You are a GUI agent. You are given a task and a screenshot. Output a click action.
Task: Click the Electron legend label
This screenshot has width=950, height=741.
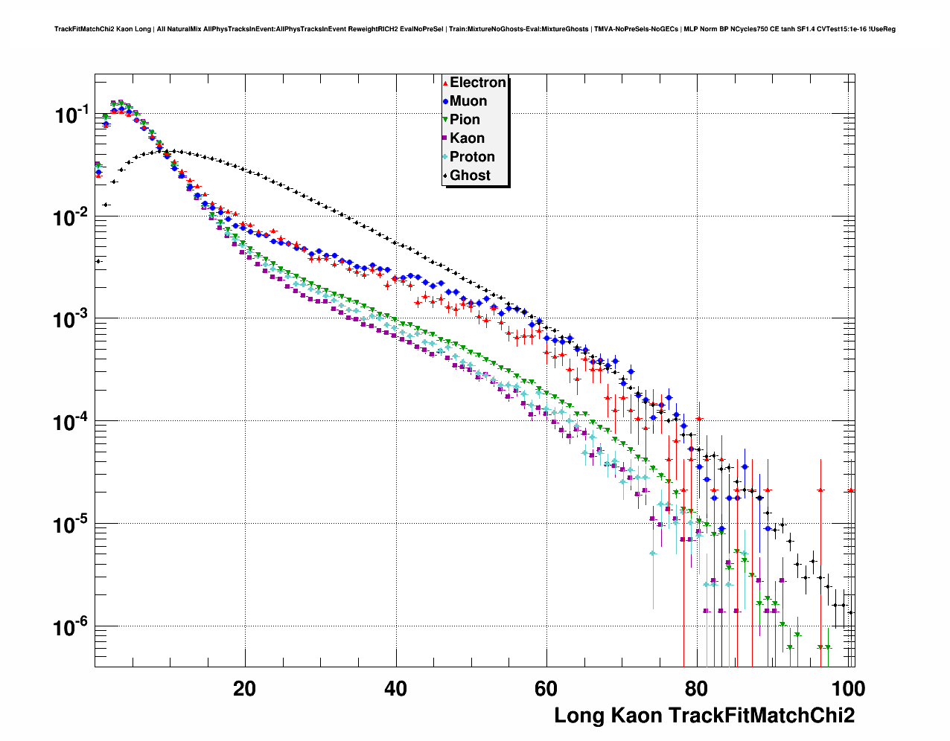[478, 83]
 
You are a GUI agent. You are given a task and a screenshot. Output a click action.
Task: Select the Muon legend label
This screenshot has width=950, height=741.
[468, 101]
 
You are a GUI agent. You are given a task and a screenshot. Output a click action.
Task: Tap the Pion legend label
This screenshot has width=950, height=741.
[465, 120]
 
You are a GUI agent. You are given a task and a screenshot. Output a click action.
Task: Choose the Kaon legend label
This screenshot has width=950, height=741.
[467, 138]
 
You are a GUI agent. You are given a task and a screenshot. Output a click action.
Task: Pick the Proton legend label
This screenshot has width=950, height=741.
[472, 157]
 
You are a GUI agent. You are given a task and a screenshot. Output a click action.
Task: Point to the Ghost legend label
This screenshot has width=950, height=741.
[470, 176]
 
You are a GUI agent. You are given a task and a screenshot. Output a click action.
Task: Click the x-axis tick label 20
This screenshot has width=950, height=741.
[244, 688]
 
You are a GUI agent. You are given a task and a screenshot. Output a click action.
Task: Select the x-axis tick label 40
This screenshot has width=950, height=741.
[396, 688]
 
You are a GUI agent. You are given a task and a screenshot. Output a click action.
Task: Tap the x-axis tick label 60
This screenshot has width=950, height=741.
[546, 688]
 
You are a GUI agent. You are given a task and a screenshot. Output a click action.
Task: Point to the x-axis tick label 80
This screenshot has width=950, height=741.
[698, 688]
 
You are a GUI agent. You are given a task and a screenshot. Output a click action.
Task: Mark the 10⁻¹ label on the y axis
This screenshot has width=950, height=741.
[71, 115]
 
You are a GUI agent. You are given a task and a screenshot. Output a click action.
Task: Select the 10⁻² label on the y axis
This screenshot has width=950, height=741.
[71, 217]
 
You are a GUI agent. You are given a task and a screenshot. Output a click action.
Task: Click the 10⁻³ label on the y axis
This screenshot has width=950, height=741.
[71, 320]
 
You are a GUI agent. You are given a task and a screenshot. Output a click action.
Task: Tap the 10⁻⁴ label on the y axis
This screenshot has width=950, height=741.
[71, 423]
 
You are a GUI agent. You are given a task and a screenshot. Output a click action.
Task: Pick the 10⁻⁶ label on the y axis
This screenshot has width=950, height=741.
[71, 628]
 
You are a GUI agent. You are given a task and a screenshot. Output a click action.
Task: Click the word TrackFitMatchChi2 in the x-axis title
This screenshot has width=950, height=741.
[761, 716]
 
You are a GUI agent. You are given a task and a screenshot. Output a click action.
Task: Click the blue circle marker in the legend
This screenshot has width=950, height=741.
[445, 101]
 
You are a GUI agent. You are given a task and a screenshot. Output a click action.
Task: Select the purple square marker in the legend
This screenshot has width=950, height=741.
[445, 138]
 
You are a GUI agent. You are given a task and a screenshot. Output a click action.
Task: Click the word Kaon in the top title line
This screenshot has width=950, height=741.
[124, 29]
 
